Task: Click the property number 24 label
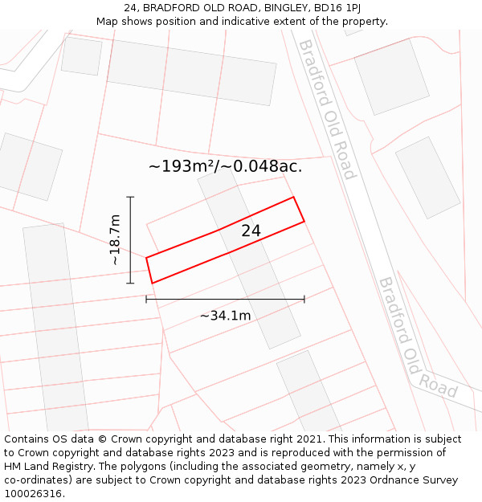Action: click(x=251, y=231)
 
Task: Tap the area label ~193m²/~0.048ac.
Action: click(x=226, y=166)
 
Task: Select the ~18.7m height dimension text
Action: click(x=114, y=239)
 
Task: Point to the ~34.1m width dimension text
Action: click(x=225, y=316)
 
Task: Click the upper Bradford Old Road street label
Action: click(x=327, y=109)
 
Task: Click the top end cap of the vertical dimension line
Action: click(x=130, y=197)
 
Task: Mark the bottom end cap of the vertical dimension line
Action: click(x=130, y=283)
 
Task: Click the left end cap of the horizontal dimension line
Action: click(x=146, y=300)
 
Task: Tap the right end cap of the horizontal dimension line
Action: click(x=304, y=300)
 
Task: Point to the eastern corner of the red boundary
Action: click(x=304, y=221)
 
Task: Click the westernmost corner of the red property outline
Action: click(x=146, y=258)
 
